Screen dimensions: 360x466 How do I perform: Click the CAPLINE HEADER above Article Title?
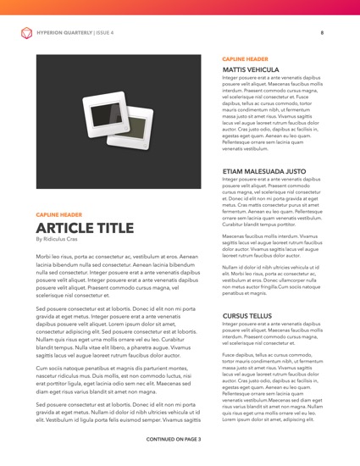(x=59, y=215)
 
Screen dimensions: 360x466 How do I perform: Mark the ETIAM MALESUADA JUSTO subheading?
(x=265, y=170)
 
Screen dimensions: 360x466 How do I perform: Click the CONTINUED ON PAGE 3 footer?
(x=180, y=440)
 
